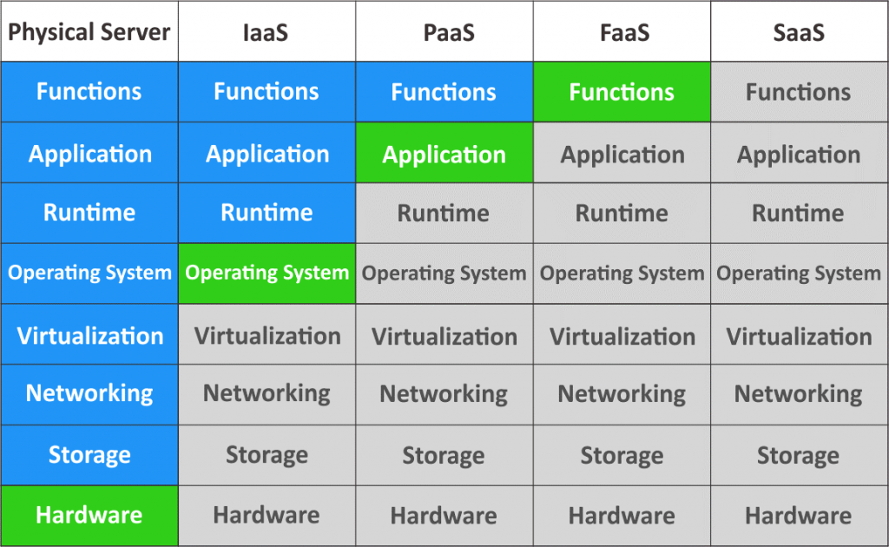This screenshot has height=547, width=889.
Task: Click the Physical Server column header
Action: click(x=89, y=31)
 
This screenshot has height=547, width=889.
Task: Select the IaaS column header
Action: click(x=267, y=31)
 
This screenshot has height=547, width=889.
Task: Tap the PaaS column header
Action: click(x=444, y=31)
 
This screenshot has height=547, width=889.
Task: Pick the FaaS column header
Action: click(x=622, y=31)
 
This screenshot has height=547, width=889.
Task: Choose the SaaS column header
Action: click(x=800, y=31)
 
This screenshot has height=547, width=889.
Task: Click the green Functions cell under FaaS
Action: click(x=622, y=92)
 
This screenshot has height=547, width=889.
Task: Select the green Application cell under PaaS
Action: click(x=444, y=153)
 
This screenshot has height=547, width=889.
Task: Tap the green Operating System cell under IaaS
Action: click(x=267, y=273)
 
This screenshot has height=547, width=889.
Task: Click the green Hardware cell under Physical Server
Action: click(x=89, y=516)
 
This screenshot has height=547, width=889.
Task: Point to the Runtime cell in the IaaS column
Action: click(x=267, y=213)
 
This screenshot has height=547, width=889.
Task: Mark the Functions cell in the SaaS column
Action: click(x=800, y=92)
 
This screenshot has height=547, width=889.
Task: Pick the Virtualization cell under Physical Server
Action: click(x=89, y=334)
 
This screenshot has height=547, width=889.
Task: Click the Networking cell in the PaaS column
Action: click(x=444, y=394)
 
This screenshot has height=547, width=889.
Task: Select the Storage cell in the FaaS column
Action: click(x=622, y=455)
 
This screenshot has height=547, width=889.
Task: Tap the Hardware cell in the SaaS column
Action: click(x=800, y=516)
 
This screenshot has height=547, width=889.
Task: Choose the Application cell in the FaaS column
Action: click(x=622, y=153)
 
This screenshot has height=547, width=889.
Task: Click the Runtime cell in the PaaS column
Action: click(x=444, y=213)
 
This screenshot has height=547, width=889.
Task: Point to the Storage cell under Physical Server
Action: click(x=89, y=455)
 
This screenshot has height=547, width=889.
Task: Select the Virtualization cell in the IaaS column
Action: click(x=267, y=334)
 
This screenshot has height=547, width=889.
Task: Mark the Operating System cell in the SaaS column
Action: click(x=800, y=273)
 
